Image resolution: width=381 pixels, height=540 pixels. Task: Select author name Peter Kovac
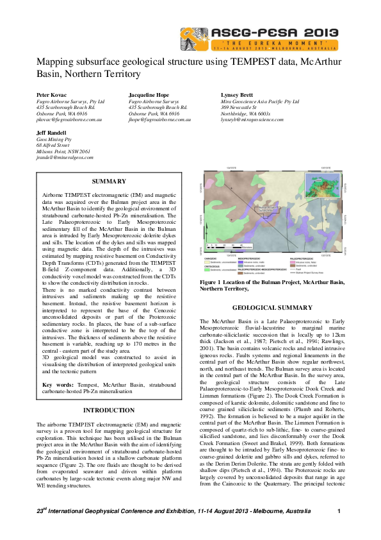click(51, 94)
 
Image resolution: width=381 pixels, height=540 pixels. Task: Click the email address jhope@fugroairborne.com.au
click(160, 119)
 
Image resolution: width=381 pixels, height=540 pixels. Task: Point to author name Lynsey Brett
click(229, 94)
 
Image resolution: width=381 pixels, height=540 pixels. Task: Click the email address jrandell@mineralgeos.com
click(65, 156)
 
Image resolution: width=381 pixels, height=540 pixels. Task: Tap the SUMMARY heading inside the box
click(109, 181)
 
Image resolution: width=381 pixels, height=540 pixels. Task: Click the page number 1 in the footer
click(337, 510)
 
